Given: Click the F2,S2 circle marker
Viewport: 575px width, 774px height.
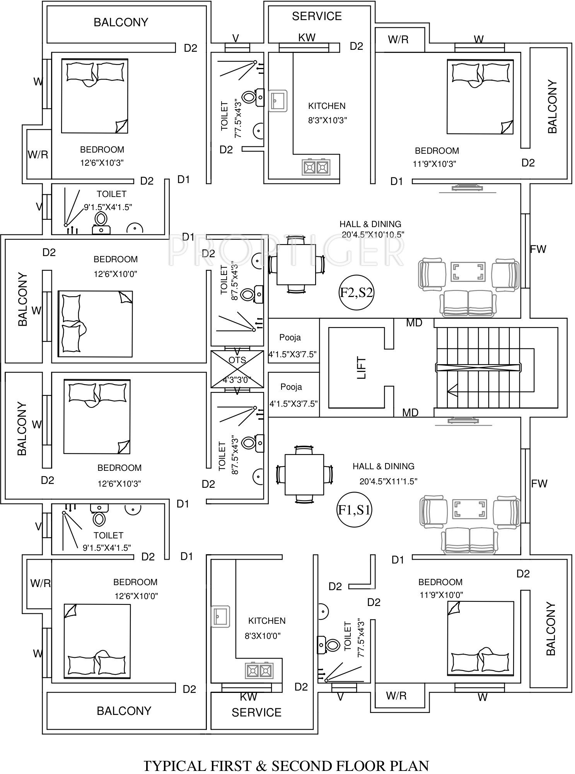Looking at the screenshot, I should [x=356, y=292].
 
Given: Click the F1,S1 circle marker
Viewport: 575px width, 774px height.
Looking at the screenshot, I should [x=354, y=510].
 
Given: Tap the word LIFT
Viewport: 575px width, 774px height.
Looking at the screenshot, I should [x=362, y=367].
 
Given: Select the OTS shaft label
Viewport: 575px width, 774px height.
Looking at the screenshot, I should [x=237, y=360].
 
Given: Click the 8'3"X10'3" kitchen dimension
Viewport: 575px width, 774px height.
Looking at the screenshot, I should [x=327, y=120].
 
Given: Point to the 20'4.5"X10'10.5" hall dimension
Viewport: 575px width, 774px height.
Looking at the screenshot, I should [x=373, y=234].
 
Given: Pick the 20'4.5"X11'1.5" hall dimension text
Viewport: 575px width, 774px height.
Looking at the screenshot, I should [x=388, y=481].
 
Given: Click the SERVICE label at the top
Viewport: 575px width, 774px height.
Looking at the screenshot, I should [x=317, y=16].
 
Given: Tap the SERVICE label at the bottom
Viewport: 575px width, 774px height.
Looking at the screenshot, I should [x=256, y=713].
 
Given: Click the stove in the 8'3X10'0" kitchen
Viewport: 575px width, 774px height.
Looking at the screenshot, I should [x=259, y=671].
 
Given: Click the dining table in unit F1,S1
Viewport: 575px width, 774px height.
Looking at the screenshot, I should [x=304, y=475].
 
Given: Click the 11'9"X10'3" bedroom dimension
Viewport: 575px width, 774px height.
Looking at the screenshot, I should [x=434, y=164].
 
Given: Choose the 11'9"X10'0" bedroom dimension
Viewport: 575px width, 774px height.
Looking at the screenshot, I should [x=441, y=595].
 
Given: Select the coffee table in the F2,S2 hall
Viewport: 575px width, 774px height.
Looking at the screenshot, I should [x=468, y=271].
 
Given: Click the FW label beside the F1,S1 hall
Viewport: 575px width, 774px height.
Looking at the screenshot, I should [x=539, y=484].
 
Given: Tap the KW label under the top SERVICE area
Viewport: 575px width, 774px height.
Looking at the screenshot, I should [x=307, y=37].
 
